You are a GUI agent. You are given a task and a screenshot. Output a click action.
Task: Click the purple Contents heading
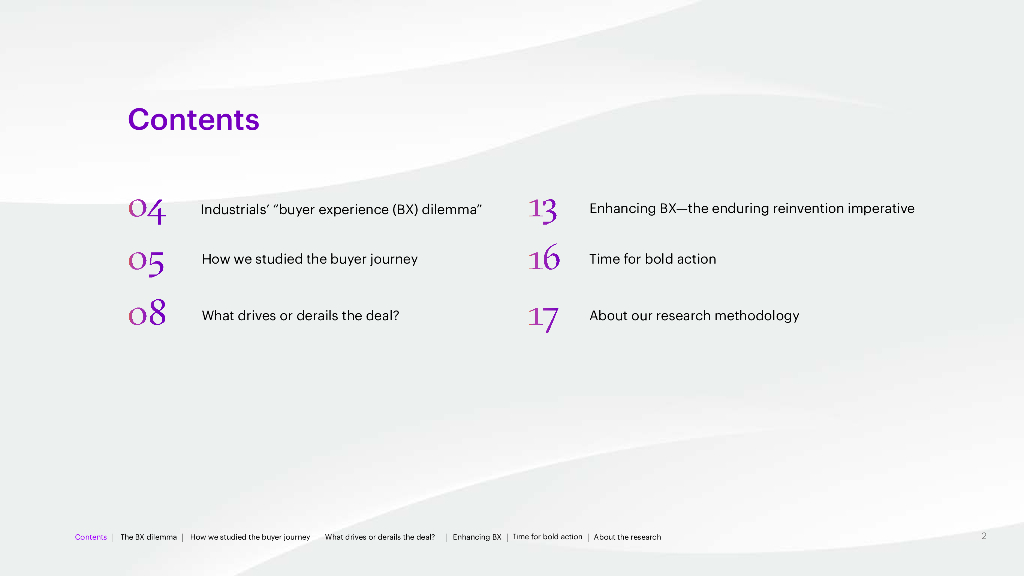193,120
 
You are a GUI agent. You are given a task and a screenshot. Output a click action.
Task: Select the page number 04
147,210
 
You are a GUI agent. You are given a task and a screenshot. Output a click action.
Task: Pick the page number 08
147,312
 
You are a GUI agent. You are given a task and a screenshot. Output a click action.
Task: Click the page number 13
542,210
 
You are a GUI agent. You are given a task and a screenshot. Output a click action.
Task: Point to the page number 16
544,257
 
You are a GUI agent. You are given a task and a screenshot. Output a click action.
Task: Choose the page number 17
543,319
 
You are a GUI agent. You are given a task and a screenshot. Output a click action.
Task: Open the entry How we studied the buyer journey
310,259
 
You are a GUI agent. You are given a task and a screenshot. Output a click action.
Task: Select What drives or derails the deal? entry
300,315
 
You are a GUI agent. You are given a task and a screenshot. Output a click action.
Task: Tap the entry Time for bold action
652,259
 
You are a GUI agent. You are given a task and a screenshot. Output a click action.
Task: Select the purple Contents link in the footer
91,537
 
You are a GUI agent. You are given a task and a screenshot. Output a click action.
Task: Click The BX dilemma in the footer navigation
148,537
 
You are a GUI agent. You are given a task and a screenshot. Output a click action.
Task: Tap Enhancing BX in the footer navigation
477,537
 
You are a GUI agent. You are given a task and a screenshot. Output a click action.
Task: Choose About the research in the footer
627,537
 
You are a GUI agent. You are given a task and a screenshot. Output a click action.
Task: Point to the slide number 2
984,536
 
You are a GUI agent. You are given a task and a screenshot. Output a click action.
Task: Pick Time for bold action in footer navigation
547,537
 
